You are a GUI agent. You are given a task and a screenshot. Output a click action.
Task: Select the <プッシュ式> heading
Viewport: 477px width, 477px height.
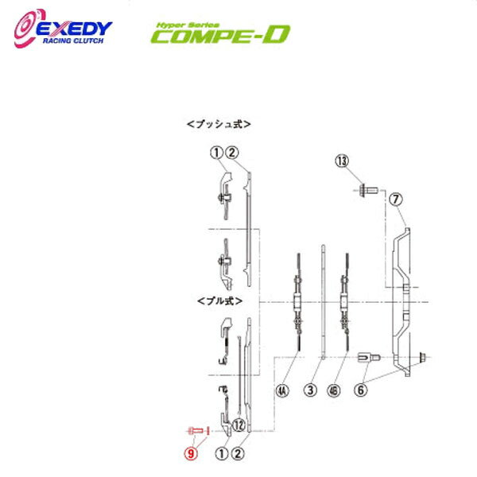point(218,124)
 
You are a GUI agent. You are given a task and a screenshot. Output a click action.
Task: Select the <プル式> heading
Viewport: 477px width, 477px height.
point(215,301)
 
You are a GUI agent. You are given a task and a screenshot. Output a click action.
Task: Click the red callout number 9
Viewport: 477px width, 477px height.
point(192,455)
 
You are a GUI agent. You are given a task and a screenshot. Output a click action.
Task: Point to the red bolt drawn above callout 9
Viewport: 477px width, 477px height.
point(196,430)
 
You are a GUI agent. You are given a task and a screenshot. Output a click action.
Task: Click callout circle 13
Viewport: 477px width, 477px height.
point(342,162)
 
